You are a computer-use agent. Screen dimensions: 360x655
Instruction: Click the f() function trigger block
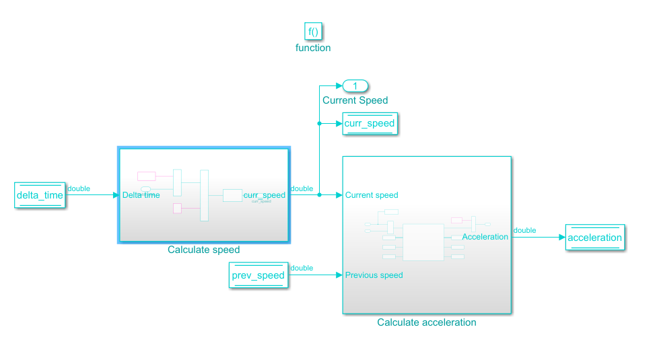pyautogui.click(x=313, y=31)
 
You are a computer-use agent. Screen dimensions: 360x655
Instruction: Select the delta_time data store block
pyautogui.click(x=40, y=195)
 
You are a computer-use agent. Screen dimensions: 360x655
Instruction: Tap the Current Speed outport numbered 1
pyautogui.click(x=355, y=85)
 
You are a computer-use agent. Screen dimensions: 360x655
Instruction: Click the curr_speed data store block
pyautogui.click(x=369, y=124)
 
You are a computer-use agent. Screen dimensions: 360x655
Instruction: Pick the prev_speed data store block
pyautogui.click(x=258, y=275)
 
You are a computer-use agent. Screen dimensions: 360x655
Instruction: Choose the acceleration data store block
pyautogui.click(x=594, y=238)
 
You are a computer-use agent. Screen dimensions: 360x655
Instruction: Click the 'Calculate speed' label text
pyautogui.click(x=203, y=250)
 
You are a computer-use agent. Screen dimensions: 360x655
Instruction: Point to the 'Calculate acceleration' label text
pyautogui.click(x=426, y=322)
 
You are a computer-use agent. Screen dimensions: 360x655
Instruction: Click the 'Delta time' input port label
pyautogui.click(x=141, y=195)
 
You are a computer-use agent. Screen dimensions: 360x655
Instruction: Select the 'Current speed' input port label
pyautogui.click(x=372, y=195)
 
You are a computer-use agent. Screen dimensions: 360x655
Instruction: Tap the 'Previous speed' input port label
pyautogui.click(x=374, y=275)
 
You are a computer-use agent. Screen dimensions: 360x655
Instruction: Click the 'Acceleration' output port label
pyautogui.click(x=485, y=237)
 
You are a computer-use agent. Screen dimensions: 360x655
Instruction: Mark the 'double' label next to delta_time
pyautogui.click(x=79, y=189)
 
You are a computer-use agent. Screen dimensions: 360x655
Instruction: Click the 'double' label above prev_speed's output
pyautogui.click(x=302, y=268)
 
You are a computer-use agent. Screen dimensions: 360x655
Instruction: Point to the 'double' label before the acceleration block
pyautogui.click(x=524, y=230)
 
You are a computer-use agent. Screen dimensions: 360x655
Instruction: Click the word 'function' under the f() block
pyautogui.click(x=313, y=48)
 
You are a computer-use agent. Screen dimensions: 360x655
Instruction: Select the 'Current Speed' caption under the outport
pyautogui.click(x=355, y=100)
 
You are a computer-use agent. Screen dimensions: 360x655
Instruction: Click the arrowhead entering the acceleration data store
pyautogui.click(x=562, y=238)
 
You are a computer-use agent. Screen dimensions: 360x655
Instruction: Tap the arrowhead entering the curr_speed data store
pyautogui.click(x=339, y=124)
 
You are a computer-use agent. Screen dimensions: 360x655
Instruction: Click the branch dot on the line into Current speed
pyautogui.click(x=319, y=195)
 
